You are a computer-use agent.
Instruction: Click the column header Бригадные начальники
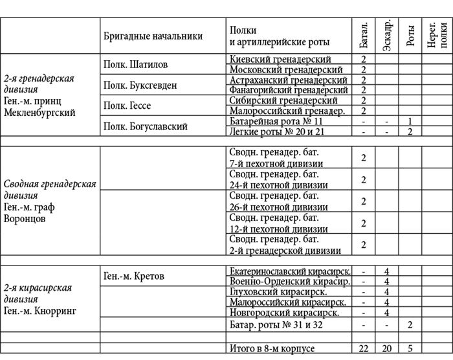click(x=153, y=37)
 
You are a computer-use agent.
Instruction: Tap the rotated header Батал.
click(x=363, y=36)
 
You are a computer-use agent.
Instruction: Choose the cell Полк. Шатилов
click(x=136, y=65)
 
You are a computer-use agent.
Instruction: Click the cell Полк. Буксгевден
click(x=140, y=85)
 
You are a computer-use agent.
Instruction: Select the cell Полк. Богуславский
click(x=146, y=126)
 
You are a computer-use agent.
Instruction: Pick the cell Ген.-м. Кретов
click(x=134, y=276)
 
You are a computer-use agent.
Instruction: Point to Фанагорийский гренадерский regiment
click(x=289, y=90)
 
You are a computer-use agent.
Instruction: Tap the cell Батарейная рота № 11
click(x=276, y=121)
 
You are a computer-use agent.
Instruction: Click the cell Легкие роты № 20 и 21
click(x=278, y=131)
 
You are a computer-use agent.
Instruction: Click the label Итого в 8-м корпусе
click(x=272, y=349)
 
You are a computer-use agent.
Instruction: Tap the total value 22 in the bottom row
click(x=363, y=349)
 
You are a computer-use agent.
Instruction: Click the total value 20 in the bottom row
click(x=386, y=349)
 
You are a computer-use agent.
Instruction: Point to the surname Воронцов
click(x=25, y=218)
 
